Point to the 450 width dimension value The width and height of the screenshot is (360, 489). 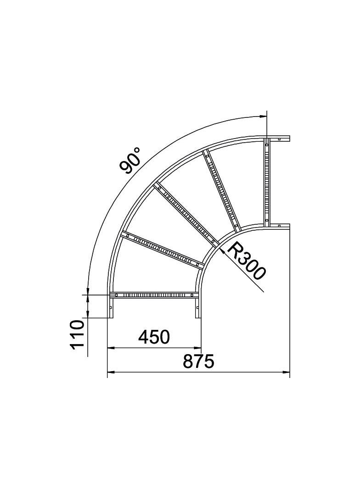click(x=154, y=337)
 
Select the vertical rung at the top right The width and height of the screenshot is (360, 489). click(x=266, y=183)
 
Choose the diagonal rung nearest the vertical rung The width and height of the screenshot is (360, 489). click(x=221, y=190)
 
